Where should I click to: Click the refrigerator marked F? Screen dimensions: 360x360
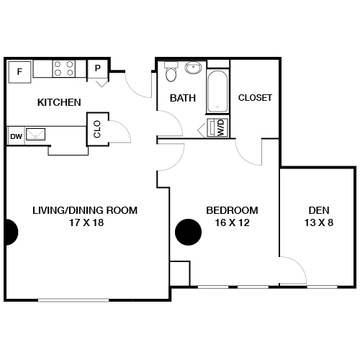point(19,71)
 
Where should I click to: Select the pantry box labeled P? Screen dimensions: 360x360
point(97,69)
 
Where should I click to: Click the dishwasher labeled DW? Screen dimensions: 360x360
point(16,135)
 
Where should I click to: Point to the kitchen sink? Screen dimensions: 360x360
point(37,134)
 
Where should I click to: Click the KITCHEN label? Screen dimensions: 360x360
point(59,102)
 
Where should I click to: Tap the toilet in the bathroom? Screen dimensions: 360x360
point(171,73)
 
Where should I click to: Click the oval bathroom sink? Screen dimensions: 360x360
point(193,69)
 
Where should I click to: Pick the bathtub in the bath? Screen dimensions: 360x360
point(217,91)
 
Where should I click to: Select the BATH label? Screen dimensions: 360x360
point(183,98)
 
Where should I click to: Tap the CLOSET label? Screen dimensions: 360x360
point(255,98)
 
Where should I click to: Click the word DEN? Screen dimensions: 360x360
point(318,210)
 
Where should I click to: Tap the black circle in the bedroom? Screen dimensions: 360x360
point(189,232)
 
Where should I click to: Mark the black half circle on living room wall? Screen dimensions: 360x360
point(10,232)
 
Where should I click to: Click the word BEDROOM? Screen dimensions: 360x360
point(232,210)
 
